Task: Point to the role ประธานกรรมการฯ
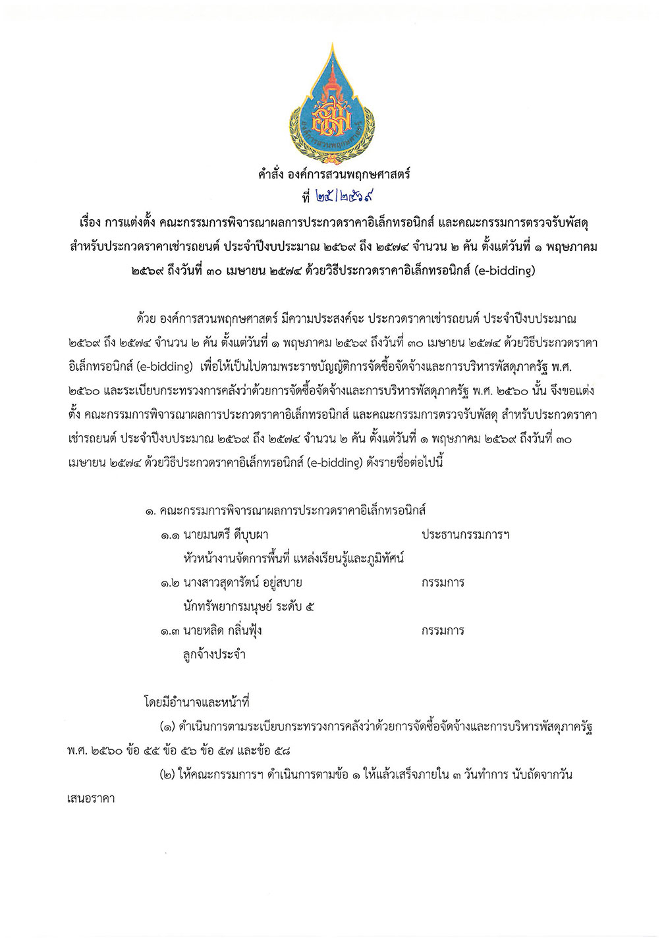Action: [x=465, y=535]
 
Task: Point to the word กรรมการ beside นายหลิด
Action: [x=443, y=631]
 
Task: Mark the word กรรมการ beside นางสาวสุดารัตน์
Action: [x=443, y=583]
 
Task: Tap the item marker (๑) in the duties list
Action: [x=166, y=727]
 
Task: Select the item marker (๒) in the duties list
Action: [x=166, y=775]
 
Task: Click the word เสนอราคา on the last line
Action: [x=92, y=799]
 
